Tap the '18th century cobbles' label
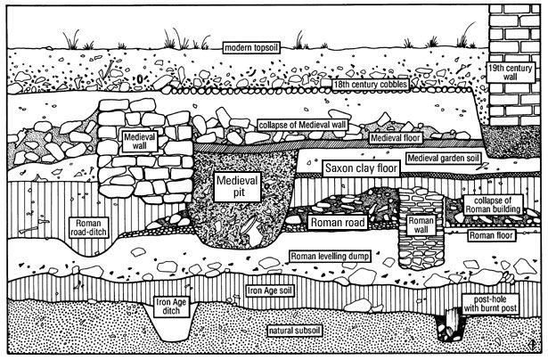310,84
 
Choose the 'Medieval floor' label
398,139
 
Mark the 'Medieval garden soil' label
449,158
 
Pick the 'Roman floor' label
495,235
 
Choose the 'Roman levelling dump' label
336,256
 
